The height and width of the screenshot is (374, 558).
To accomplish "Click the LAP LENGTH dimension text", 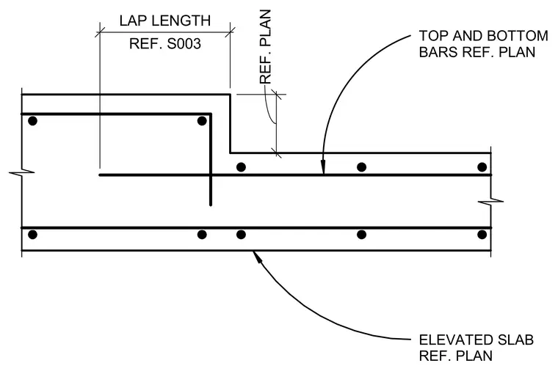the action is (x=165, y=21).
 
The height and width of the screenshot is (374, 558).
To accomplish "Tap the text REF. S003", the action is (x=165, y=44).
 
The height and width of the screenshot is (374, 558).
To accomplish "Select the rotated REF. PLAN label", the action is (x=266, y=47).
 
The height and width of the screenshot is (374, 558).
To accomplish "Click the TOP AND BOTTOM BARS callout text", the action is (x=483, y=44).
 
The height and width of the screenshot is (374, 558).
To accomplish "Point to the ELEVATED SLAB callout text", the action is (x=477, y=348).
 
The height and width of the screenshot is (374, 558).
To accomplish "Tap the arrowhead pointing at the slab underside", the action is (x=257, y=256).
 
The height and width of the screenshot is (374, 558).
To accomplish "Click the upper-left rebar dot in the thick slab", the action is (x=32, y=121).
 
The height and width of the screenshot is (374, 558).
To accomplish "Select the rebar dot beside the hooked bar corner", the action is (x=202, y=121).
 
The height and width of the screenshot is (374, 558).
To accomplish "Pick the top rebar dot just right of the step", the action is (x=241, y=167).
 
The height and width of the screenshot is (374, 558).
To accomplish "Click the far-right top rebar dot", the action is (x=482, y=167).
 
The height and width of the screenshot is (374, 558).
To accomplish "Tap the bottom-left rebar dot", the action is (x=32, y=235).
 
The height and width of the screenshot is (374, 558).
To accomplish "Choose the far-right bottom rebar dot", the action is (x=482, y=235).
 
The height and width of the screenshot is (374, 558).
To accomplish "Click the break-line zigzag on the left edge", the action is (x=22, y=173).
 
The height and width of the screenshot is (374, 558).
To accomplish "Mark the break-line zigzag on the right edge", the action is (x=490, y=202).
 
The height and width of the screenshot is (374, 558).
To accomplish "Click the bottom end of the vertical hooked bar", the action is (x=211, y=205).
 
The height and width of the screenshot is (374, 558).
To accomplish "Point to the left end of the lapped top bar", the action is (x=100, y=175).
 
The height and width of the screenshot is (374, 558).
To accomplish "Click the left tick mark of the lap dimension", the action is (x=100, y=32).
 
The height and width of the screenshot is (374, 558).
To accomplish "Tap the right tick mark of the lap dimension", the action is (x=231, y=32).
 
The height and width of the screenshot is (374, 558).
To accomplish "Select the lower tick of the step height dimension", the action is (x=277, y=153).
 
